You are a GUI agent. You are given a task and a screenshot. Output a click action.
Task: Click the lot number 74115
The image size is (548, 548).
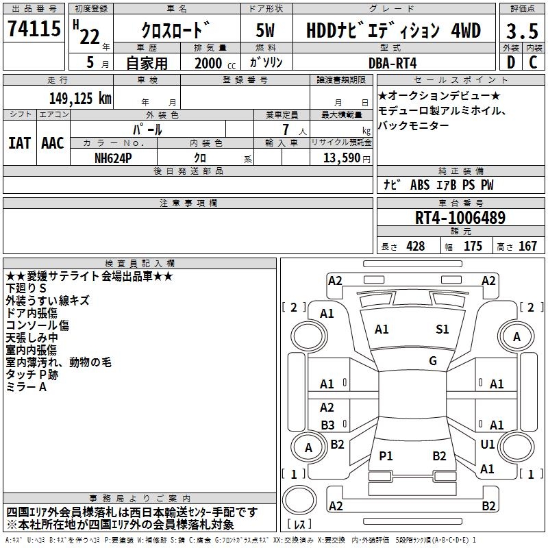coord(34,28)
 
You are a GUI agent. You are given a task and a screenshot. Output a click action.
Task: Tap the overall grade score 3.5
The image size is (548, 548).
coord(522,31)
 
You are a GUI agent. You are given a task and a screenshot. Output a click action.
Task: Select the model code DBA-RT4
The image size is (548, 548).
coord(393,63)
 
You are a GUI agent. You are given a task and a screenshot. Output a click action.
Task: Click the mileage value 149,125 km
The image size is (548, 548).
coord(80,99)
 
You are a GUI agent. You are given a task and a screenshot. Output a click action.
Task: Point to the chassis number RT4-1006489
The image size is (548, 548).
coord(460,218)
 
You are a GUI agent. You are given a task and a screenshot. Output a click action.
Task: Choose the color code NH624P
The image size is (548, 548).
coord(113,158)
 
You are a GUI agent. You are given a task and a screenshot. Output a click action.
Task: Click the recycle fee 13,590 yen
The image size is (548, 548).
coord(347,158)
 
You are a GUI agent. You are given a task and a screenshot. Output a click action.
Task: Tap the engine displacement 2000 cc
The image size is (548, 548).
coord(215,64)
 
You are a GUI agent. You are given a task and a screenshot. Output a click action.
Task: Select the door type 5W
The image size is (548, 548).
coord(265,30)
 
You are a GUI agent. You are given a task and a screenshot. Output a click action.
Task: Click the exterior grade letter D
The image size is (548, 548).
coord(511,62)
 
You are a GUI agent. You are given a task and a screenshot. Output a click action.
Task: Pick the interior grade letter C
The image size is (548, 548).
coord(533,62)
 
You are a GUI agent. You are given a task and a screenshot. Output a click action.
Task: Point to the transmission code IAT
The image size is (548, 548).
coord(20,143)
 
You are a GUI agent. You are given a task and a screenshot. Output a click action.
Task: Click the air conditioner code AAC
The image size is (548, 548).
coord(53,143)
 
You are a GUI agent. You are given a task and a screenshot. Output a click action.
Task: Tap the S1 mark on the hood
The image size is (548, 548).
coord(442,329)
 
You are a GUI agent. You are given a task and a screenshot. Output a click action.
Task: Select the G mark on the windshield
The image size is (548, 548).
coord(433,361)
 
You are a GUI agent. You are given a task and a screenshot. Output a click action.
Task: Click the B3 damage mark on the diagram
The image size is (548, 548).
coord(327,425)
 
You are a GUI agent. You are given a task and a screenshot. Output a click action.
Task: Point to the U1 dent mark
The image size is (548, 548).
coord(488,444)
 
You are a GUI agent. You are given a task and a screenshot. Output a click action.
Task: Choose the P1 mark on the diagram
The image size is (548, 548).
coord(386,456)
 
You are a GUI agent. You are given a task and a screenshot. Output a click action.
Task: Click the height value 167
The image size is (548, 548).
coord(527,247)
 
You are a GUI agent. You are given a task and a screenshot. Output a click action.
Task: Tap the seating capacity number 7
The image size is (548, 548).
coord(286,129)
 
